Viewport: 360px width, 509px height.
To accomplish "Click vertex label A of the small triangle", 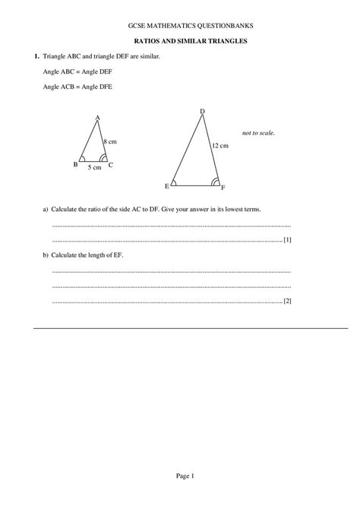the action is (x=98, y=117).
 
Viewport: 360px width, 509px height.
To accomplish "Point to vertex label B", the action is (x=74, y=164).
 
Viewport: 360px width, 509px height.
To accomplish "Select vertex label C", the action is (x=111, y=165).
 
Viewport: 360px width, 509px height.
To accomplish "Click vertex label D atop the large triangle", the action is (x=202, y=112).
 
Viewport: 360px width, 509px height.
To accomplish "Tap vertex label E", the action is (x=166, y=186).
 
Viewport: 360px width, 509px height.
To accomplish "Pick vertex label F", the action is (x=223, y=187).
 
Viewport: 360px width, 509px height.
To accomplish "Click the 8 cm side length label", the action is (x=111, y=141).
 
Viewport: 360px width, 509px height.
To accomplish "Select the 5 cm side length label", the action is (x=93, y=168).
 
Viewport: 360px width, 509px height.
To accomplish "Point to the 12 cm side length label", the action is (x=219, y=144).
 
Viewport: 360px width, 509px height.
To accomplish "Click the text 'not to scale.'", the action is (x=258, y=133).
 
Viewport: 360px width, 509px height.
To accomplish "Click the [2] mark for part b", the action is (x=287, y=301).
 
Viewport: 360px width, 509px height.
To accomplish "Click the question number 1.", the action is (x=36, y=57).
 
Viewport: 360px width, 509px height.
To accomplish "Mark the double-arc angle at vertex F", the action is (x=216, y=182).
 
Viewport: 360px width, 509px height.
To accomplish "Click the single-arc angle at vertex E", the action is (x=175, y=182).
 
